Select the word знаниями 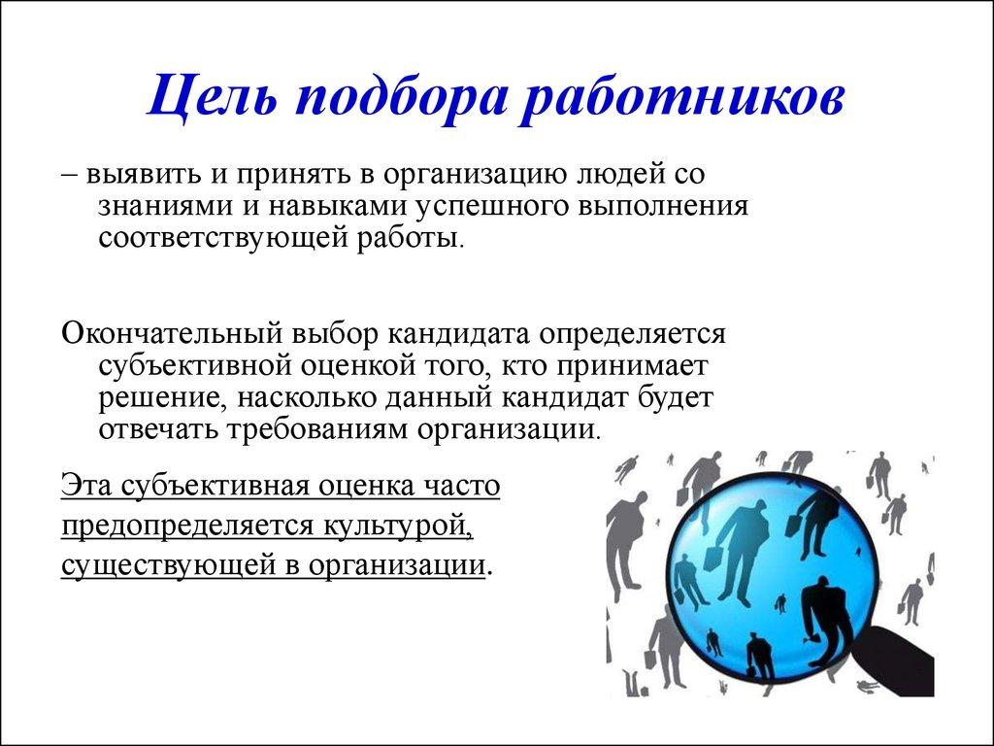pos(164,207)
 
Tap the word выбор pos(330,333)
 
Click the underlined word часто pos(461,485)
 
